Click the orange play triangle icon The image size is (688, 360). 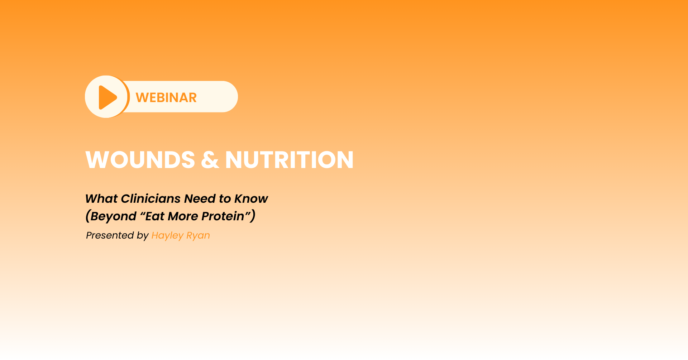click(107, 97)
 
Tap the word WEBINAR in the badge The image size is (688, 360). click(166, 97)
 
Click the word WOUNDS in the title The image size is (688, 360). click(140, 159)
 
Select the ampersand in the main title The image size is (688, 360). click(210, 159)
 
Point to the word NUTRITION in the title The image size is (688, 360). click(289, 159)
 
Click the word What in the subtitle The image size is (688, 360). click(101, 198)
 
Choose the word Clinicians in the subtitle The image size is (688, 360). click(151, 198)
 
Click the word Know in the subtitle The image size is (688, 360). click(251, 198)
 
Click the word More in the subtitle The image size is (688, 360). click(183, 216)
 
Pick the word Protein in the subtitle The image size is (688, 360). click(223, 216)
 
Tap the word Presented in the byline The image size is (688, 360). click(110, 235)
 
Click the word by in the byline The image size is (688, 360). click(143, 236)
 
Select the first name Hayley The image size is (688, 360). click(167, 236)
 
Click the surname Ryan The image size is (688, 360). click(198, 236)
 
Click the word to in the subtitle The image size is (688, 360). click(225, 199)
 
